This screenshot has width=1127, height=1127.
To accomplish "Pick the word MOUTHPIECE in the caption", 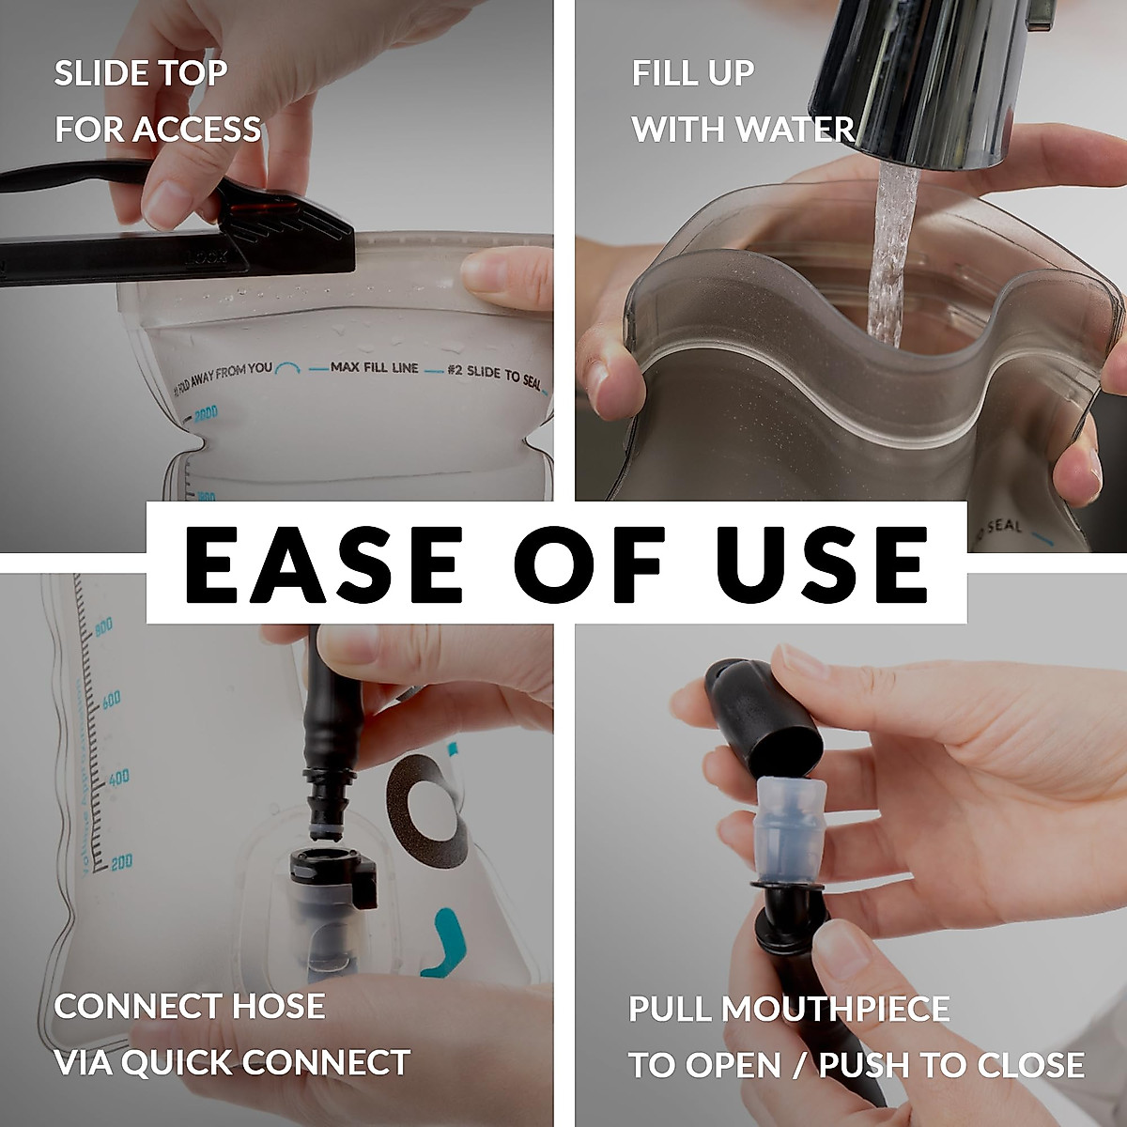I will tap(836, 1010).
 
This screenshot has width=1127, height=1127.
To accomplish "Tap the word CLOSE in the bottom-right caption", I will tap(1030, 1066).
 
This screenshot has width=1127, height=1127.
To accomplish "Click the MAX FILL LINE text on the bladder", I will tap(374, 367).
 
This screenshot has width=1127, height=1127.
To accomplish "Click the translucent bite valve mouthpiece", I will tap(785, 826).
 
